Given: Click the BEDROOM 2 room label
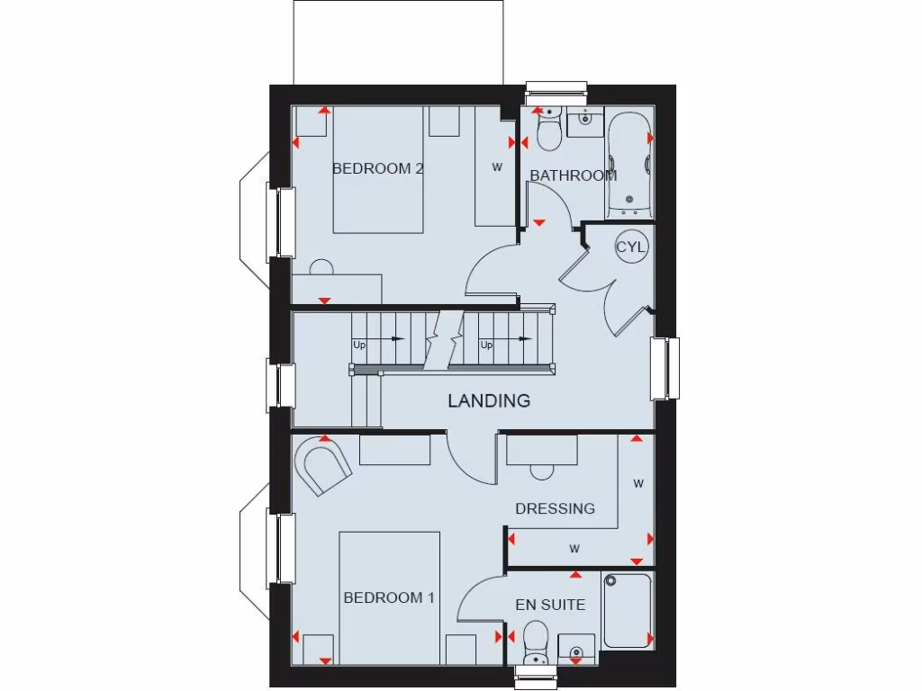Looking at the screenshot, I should (x=377, y=168).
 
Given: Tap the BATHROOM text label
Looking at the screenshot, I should (x=573, y=175).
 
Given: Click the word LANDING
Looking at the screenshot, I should (x=489, y=401).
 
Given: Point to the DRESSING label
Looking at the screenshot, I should (x=555, y=508).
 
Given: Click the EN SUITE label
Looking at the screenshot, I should (x=550, y=605).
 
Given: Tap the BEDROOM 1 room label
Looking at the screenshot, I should (x=384, y=597).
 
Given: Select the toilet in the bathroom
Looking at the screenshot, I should (x=547, y=130).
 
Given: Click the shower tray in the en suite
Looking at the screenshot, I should (x=628, y=611).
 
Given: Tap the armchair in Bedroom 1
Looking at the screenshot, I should (x=323, y=463).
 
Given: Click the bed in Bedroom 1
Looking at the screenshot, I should (x=389, y=598).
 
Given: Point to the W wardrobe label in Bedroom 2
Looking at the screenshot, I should (x=496, y=166).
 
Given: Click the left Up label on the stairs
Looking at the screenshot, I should (x=358, y=345).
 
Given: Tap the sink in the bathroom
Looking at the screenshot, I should (x=585, y=119).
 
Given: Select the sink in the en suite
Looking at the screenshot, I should (x=575, y=648).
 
